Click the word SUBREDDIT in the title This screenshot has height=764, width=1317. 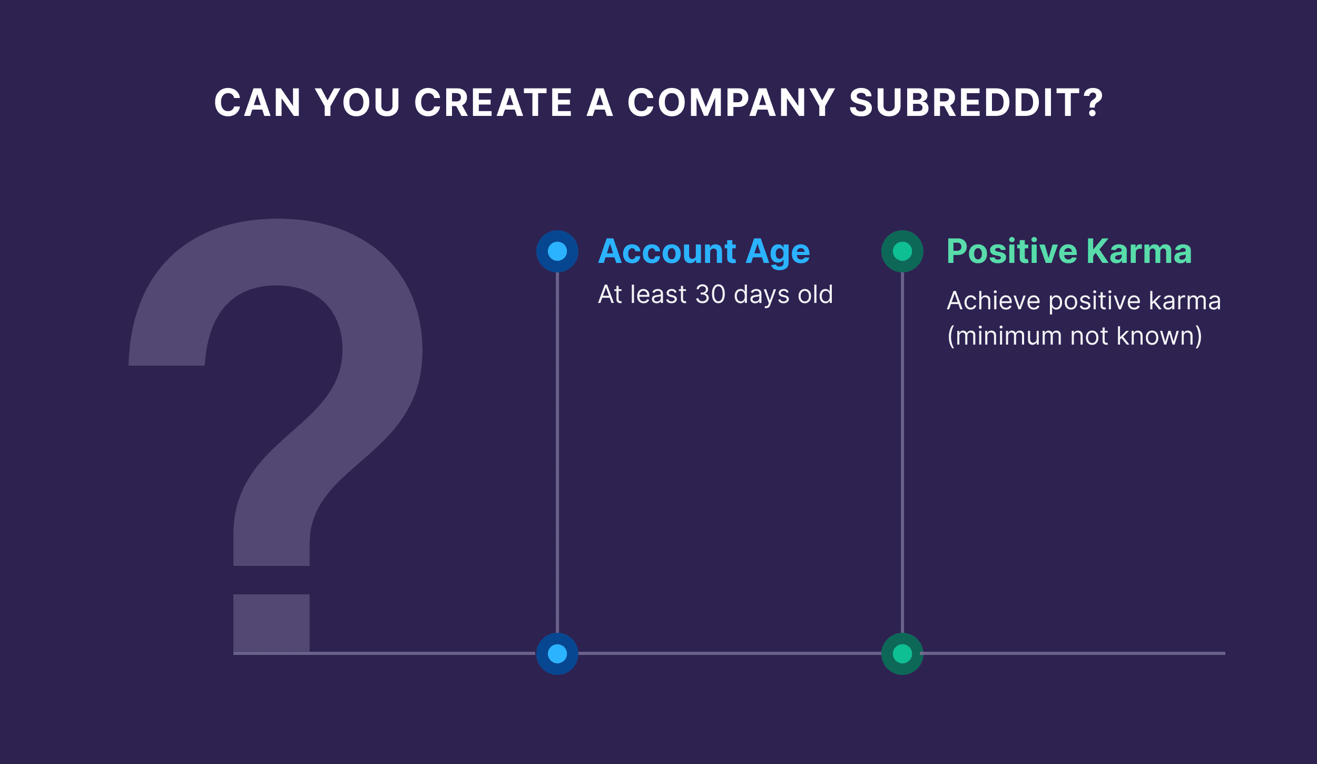click(x=976, y=102)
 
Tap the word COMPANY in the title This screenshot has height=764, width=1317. click(x=731, y=102)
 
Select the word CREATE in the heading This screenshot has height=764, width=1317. click(x=493, y=102)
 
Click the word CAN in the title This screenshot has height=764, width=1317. click(x=258, y=102)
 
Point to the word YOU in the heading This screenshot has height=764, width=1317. click(x=358, y=102)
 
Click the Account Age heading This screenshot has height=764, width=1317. click(x=704, y=251)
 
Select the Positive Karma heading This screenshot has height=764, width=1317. click(x=1069, y=251)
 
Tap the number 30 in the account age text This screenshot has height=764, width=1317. click(x=711, y=294)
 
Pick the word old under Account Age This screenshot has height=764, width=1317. click(x=815, y=294)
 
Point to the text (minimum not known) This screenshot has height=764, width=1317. click(x=1075, y=336)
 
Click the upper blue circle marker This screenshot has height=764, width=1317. click(x=557, y=251)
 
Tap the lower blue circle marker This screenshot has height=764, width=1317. click(x=557, y=654)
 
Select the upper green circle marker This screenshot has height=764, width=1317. click(x=902, y=251)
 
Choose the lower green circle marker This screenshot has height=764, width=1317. click(x=902, y=654)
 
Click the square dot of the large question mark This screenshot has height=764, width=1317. click(x=271, y=623)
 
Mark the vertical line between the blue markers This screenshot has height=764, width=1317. click(x=557, y=453)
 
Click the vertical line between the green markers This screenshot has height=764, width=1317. click(x=902, y=453)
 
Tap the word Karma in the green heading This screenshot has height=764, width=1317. click(x=1139, y=251)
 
